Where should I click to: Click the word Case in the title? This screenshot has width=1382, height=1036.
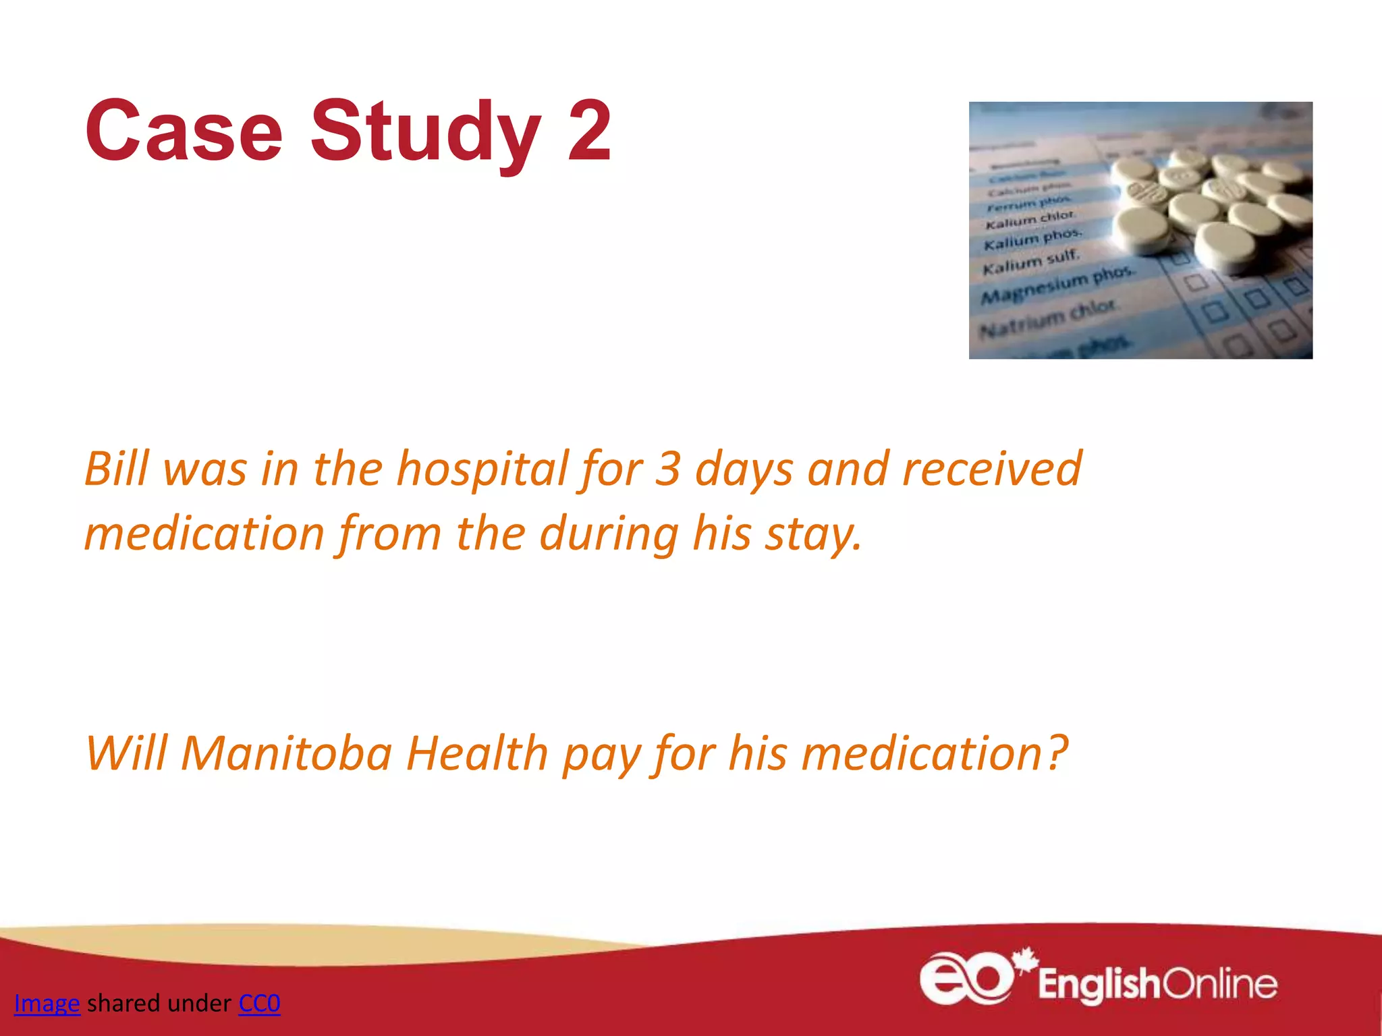(184, 131)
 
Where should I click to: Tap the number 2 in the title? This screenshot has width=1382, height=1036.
(589, 131)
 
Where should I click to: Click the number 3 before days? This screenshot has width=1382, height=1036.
(667, 469)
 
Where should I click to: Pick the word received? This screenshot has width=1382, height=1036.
(992, 468)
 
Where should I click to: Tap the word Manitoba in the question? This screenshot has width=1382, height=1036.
(286, 753)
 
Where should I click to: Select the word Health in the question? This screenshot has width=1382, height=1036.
(476, 753)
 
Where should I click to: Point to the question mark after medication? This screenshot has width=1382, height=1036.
(1057, 751)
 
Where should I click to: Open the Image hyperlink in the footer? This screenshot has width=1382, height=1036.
(47, 1004)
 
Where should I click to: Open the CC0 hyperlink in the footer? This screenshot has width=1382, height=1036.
(259, 1004)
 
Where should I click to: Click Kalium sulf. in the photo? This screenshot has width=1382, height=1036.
(1031, 262)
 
